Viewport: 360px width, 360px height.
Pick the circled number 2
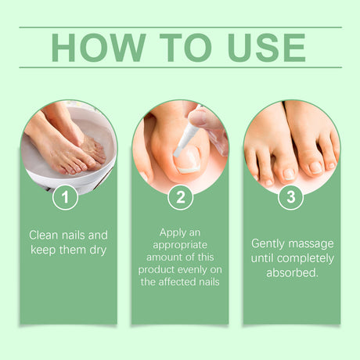click(x=180, y=197)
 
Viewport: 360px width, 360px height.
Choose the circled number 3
click(x=291, y=197)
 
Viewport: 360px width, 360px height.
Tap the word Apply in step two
click(x=172, y=232)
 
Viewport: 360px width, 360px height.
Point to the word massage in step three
click(x=312, y=243)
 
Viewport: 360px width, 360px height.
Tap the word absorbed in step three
click(x=291, y=273)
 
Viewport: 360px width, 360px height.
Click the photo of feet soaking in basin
click(x=69, y=145)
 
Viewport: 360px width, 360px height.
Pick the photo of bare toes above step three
click(x=291, y=149)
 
